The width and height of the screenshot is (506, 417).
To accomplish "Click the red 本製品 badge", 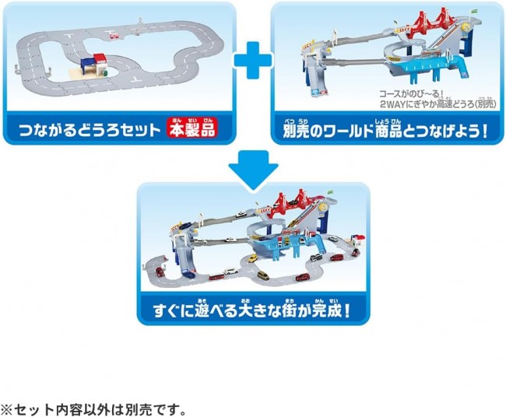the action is tap(192, 128).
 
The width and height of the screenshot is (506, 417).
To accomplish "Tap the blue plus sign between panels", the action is tap(253, 61).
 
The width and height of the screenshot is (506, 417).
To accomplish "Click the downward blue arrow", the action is tap(253, 170).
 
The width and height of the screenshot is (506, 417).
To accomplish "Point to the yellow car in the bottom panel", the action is tap(263, 275).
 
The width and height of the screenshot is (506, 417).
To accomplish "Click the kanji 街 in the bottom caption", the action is tap(289, 311).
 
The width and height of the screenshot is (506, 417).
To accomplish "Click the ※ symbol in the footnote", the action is tap(6, 409).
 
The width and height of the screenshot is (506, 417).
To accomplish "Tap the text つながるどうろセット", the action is tap(90, 130).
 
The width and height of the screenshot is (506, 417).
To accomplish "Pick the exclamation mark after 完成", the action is tap(346, 311).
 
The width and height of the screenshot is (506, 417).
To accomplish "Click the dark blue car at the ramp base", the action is tap(188, 275).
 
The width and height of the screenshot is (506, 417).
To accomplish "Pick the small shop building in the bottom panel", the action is tap(358, 240).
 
